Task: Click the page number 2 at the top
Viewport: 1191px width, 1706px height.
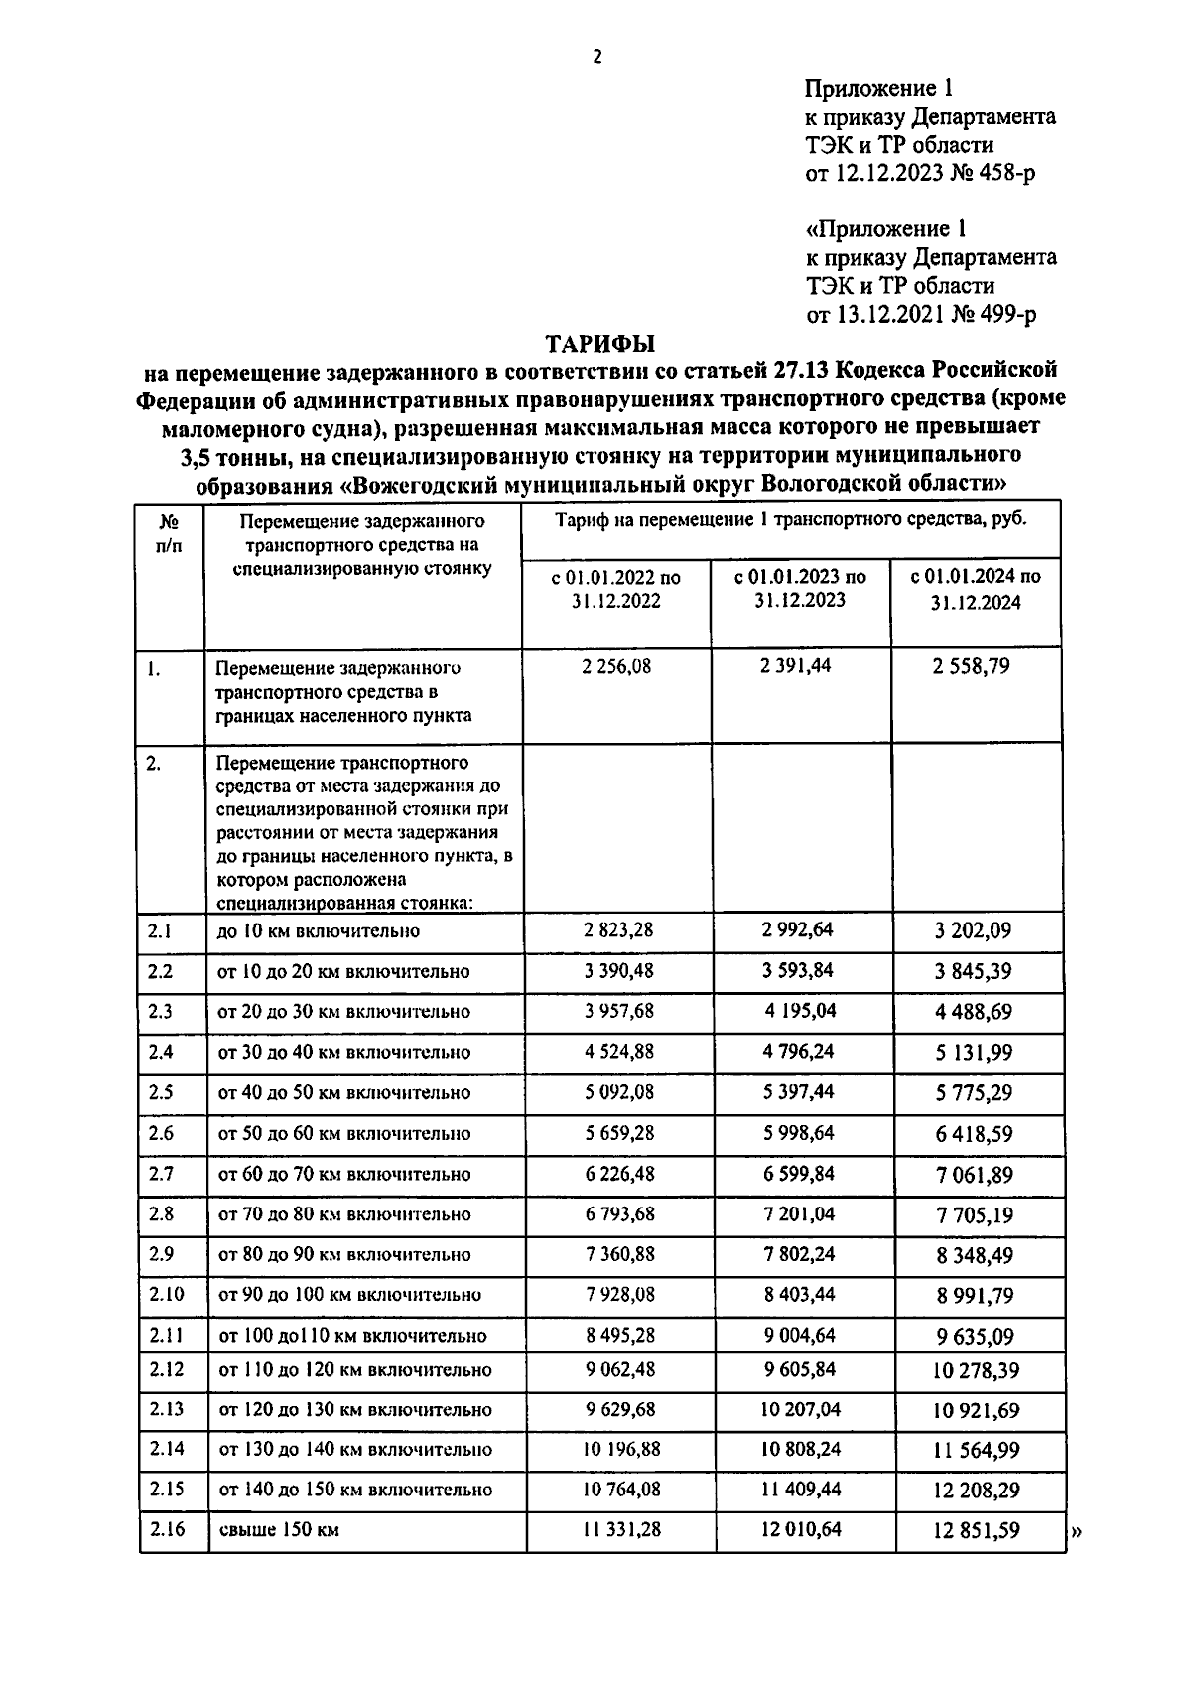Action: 596,57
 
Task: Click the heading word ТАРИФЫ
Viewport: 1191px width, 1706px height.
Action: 600,344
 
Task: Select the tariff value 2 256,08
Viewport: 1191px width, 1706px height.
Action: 616,666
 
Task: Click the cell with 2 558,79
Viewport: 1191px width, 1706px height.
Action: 971,666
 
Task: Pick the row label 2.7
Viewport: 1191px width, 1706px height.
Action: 161,1174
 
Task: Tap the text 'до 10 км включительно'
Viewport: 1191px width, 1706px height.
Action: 319,930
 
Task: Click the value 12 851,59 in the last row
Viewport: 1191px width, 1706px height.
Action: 976,1530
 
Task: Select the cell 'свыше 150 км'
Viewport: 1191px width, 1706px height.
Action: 279,1530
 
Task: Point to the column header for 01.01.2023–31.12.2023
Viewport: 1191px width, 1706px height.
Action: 799,588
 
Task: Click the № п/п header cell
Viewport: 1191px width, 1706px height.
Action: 169,532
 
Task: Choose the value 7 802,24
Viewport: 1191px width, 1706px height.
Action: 798,1254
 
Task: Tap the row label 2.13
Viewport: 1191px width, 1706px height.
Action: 166,1409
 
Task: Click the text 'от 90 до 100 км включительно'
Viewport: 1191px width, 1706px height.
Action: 349,1295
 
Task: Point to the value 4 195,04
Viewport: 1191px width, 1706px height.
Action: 800,1011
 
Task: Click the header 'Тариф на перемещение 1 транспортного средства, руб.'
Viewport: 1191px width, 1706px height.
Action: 790,519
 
